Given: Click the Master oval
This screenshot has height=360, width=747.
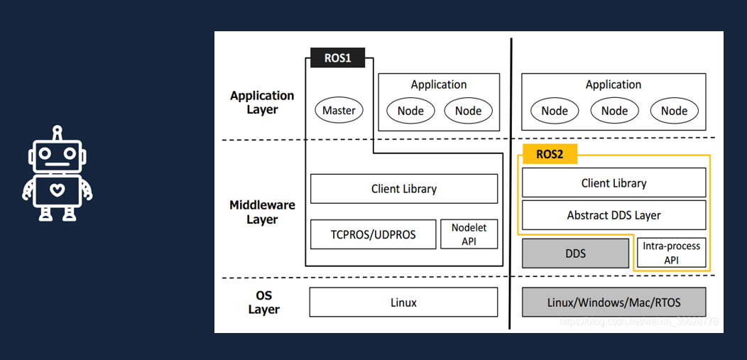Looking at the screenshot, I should [339, 110].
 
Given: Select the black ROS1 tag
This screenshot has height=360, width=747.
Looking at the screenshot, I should [338, 58].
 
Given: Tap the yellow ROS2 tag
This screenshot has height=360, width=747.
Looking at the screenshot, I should [550, 154].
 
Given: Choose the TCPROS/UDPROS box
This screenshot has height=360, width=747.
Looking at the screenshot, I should [373, 234].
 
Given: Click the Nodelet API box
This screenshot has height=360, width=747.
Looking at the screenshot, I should [469, 234].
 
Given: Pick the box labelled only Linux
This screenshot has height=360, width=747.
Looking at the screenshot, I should [403, 302].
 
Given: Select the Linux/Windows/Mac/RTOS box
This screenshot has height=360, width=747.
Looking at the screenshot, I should [614, 302].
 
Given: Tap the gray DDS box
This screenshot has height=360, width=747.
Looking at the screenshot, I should [575, 253].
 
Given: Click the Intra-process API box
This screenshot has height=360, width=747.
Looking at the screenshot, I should [671, 253].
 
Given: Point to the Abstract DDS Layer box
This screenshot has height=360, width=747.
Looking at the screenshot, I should [614, 215].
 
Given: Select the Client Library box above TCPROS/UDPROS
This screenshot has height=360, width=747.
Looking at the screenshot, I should [403, 189].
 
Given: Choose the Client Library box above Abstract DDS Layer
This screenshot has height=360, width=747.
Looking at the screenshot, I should [614, 183].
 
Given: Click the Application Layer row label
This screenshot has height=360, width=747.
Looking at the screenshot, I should [262, 102].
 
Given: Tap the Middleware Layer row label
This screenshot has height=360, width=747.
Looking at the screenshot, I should [262, 212].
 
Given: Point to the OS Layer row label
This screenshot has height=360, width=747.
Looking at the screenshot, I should [263, 302].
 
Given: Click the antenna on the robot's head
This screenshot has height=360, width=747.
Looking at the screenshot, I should [58, 131].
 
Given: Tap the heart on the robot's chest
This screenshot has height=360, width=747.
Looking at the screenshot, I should [57, 190].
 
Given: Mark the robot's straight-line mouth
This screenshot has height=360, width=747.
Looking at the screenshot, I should [58, 163].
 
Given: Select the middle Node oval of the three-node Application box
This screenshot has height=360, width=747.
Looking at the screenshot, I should [614, 111].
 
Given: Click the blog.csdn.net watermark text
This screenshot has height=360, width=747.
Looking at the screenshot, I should [638, 322].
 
